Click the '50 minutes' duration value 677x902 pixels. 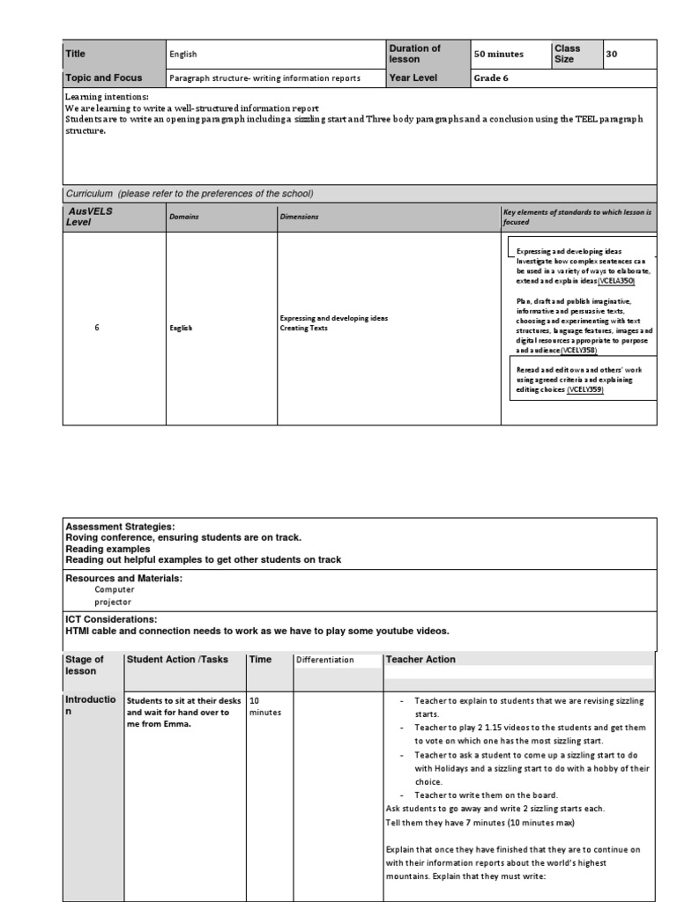(x=499, y=54)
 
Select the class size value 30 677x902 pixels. (x=613, y=54)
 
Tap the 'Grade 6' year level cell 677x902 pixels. (x=492, y=78)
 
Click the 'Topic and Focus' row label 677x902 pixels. (x=103, y=78)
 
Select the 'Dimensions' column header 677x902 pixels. (x=300, y=216)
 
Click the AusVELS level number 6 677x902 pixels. (x=97, y=328)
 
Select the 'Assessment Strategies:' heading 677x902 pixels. (x=121, y=526)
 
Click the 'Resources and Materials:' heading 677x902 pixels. (x=124, y=578)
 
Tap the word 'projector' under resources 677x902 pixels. (x=113, y=602)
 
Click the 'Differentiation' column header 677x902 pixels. (x=325, y=659)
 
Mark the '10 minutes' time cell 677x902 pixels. (x=264, y=706)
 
